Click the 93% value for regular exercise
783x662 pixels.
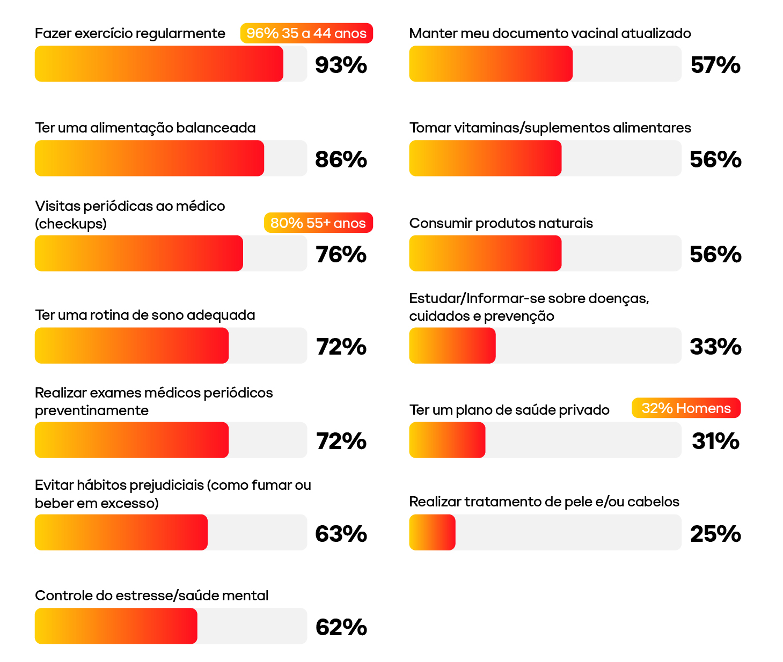click(x=341, y=65)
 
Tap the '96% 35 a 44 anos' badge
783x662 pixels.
click(x=306, y=33)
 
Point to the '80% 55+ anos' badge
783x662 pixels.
click(x=318, y=223)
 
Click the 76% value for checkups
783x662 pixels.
click(x=341, y=254)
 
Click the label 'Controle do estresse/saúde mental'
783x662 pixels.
click(x=151, y=595)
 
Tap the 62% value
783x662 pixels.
click(x=341, y=627)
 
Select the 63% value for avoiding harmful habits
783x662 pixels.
click(x=341, y=534)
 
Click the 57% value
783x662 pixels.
click(x=715, y=65)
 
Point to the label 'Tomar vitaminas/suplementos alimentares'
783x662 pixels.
click(x=550, y=128)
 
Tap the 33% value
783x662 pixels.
click(x=715, y=347)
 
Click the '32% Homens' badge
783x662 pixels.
click(x=686, y=408)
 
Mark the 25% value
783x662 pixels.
click(x=715, y=534)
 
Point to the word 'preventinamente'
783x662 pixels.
click(x=92, y=410)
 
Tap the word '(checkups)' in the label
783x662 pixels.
click(x=71, y=224)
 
